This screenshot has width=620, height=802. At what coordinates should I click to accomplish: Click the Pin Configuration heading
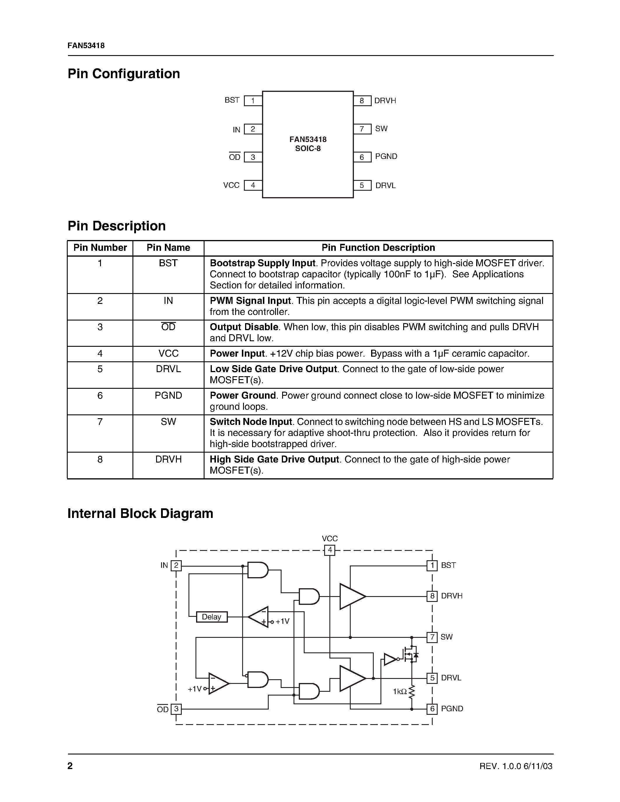click(124, 74)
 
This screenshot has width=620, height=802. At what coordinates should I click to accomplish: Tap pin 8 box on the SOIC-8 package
click(362, 101)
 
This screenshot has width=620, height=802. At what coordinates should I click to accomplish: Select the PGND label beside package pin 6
click(386, 156)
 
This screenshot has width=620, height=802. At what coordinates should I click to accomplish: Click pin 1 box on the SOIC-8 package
click(253, 101)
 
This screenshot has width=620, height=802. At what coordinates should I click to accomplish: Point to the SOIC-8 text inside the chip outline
click(308, 149)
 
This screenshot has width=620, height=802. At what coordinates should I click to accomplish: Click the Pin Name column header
click(168, 248)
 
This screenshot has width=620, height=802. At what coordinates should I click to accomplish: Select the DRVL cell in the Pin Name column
click(168, 369)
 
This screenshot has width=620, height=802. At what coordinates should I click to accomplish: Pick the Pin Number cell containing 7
click(100, 422)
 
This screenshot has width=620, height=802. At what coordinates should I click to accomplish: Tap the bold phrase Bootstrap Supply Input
click(262, 263)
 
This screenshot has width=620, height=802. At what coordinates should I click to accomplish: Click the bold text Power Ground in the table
click(242, 395)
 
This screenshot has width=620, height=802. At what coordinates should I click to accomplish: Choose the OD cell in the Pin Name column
click(168, 327)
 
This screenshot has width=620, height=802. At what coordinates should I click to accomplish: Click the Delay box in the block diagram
click(212, 617)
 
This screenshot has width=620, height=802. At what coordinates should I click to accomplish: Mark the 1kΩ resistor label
click(400, 692)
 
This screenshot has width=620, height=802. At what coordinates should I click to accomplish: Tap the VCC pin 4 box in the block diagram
click(330, 550)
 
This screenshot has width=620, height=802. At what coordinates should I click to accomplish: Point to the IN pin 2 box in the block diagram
click(176, 565)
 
